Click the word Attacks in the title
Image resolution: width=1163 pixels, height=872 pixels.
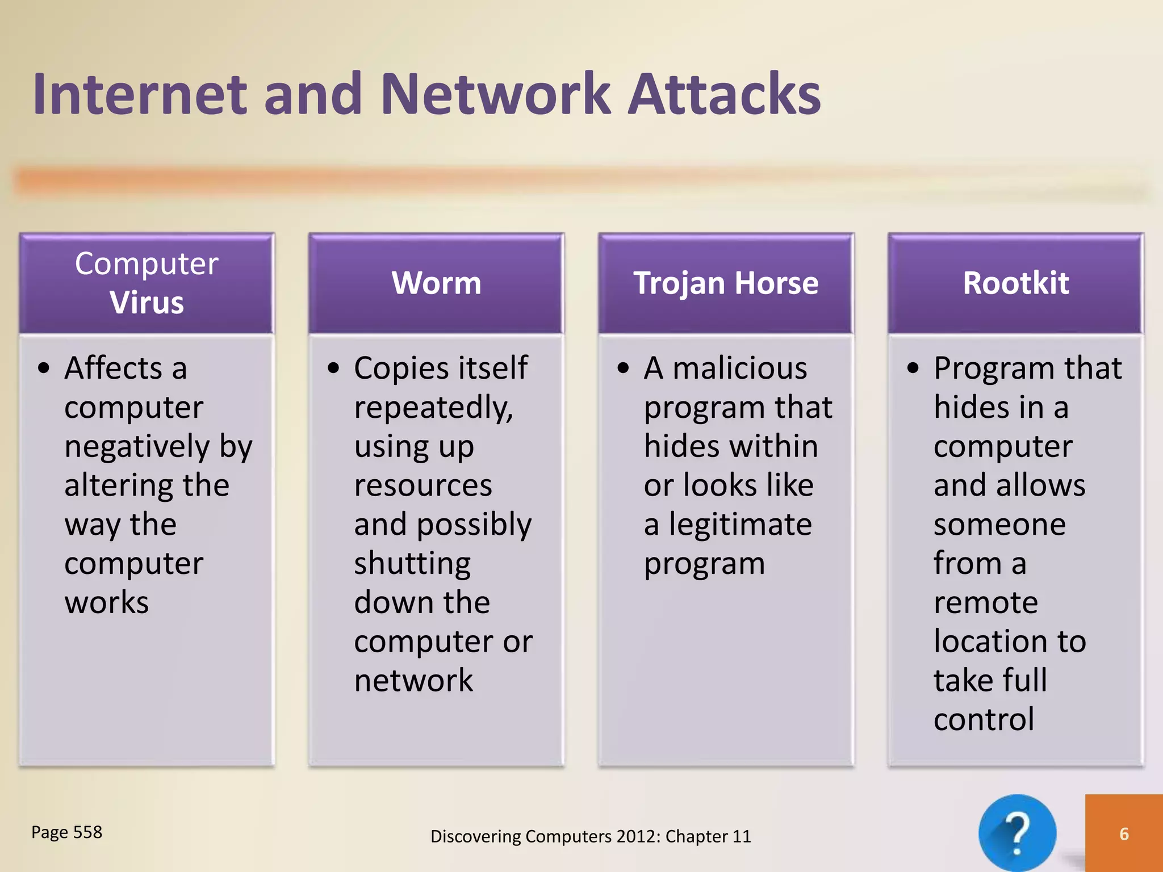(725, 94)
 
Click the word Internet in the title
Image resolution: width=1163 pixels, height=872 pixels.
(140, 94)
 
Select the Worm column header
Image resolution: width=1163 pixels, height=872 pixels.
(436, 283)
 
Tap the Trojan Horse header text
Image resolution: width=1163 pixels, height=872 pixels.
(726, 283)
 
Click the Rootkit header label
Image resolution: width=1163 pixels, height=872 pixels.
(1015, 283)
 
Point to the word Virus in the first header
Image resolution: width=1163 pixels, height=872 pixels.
(147, 302)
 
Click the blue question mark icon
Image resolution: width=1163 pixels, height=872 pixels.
(1017, 832)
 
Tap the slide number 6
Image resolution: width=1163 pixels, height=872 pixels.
(1124, 833)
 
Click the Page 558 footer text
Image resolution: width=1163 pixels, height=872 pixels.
(66, 832)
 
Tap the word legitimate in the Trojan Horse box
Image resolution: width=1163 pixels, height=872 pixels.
(740, 525)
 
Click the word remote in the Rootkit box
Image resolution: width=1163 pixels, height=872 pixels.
(986, 602)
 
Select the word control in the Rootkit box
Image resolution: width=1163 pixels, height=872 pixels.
(984, 720)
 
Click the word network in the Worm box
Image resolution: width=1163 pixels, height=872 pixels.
(413, 681)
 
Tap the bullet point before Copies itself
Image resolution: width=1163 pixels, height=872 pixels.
(333, 368)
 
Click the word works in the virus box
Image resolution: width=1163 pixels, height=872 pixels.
(107, 602)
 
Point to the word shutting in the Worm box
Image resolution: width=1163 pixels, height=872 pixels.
(412, 564)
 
